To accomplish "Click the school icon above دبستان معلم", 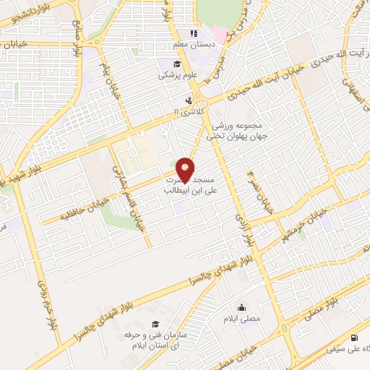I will tap(193, 33).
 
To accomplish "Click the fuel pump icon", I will tap(353, 337).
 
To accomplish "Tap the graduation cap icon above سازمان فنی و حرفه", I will tap(153, 324).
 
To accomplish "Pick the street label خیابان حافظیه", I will tap(69, 214).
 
